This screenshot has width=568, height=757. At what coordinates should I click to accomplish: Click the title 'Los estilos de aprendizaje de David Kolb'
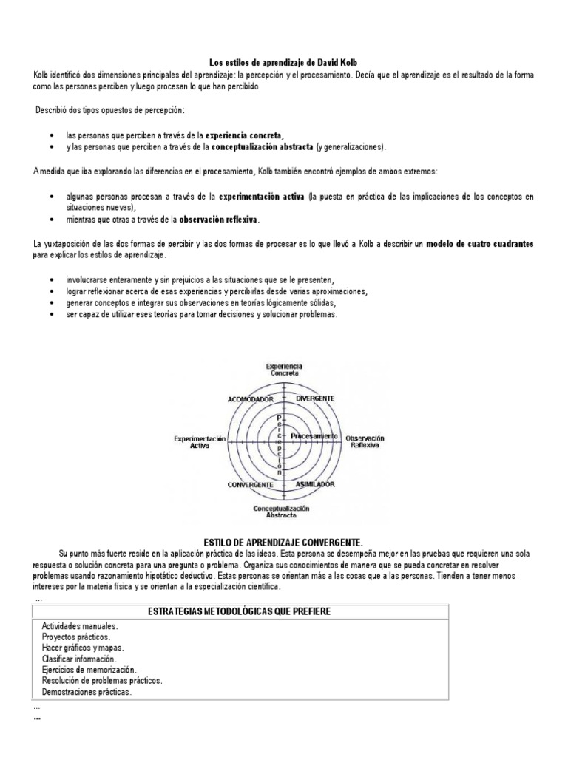click(x=284, y=64)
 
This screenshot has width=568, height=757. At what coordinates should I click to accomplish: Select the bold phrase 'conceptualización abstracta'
click(x=263, y=146)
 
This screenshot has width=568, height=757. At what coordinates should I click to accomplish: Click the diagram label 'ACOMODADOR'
click(x=251, y=398)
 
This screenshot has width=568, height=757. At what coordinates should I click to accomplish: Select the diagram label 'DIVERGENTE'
click(x=316, y=398)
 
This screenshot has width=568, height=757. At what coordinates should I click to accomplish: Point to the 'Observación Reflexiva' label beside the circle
click(x=365, y=442)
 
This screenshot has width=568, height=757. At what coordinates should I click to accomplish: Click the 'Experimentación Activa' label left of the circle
click(x=199, y=442)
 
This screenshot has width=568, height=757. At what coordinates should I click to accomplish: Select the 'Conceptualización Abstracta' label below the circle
click(x=281, y=512)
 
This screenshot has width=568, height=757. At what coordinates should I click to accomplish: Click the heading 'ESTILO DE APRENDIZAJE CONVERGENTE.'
click(x=283, y=540)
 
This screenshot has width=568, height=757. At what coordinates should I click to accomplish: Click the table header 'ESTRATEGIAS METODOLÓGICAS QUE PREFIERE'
click(x=239, y=611)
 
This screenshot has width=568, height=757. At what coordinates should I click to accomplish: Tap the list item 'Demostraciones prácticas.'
click(x=87, y=692)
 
